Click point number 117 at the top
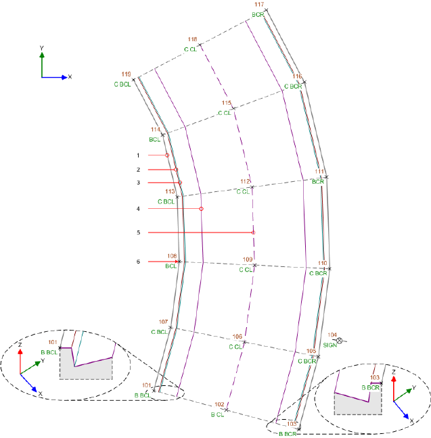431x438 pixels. pyautogui.click(x=258, y=5)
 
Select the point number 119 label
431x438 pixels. pyautogui.click(x=126, y=74)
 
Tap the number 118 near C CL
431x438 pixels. pyautogui.click(x=193, y=39)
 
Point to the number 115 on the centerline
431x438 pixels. pyautogui.click(x=227, y=103)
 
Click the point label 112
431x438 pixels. pyautogui.click(x=245, y=182)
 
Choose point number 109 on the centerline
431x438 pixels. pyautogui.click(x=248, y=260)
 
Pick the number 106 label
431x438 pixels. pyautogui.click(x=237, y=337)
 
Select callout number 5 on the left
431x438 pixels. pyautogui.click(x=138, y=233)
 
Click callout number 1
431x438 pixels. pyautogui.click(x=138, y=155)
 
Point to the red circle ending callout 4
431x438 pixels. pyautogui.click(x=201, y=209)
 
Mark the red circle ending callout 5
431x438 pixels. pyautogui.click(x=253, y=233)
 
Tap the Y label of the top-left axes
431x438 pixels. pyautogui.click(x=42, y=48)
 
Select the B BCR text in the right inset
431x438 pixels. pyautogui.click(x=369, y=387)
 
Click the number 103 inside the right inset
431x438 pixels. pyautogui.click(x=376, y=377)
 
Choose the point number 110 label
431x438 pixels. pyautogui.click(x=323, y=263)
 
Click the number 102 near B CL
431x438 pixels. pyautogui.click(x=219, y=404)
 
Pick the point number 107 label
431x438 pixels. pyautogui.click(x=163, y=321)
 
